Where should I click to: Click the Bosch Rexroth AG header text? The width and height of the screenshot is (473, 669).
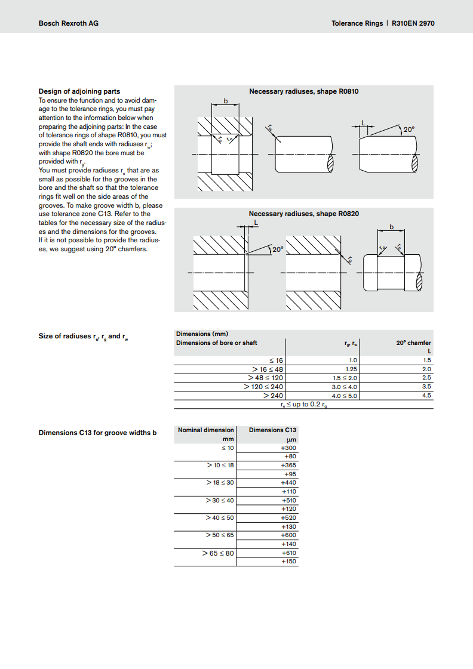click(x=68, y=23)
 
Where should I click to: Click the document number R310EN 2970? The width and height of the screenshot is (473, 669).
click(x=413, y=23)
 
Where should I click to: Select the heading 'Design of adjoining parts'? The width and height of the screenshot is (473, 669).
click(x=79, y=91)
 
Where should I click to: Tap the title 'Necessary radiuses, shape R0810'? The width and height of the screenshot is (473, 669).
click(x=303, y=91)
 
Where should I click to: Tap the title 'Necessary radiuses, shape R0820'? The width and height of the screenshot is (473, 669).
click(x=303, y=214)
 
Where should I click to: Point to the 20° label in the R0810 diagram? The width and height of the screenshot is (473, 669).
click(x=408, y=130)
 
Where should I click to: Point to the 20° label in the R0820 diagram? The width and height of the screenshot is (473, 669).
click(x=278, y=249)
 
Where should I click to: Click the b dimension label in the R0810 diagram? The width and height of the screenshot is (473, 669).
click(x=226, y=101)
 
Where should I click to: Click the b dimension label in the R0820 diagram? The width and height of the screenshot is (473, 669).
click(x=392, y=227)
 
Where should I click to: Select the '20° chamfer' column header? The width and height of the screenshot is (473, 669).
click(x=413, y=343)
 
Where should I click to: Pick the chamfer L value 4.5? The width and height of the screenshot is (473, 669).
click(x=426, y=395)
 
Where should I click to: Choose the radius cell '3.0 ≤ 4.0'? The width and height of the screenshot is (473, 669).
click(x=344, y=387)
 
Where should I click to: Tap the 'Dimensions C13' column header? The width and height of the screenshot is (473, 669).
click(x=272, y=430)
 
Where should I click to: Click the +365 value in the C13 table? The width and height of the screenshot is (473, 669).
click(x=288, y=465)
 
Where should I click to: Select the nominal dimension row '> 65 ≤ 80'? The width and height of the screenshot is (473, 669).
click(x=218, y=553)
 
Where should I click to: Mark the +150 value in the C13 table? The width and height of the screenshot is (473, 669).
click(x=288, y=562)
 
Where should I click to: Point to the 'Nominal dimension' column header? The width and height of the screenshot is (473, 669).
click(x=205, y=430)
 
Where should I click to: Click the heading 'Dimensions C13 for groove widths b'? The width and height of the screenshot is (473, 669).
click(x=97, y=433)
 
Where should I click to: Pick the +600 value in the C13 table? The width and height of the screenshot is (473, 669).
click(x=288, y=535)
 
